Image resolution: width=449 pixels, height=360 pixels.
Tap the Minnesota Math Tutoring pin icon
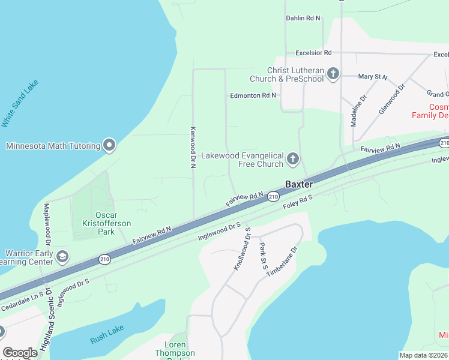pyautogui.click(x=109, y=145)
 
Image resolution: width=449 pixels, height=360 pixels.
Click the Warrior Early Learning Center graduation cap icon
pyautogui.click(x=62, y=257)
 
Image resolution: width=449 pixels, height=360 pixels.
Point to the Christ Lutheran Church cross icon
pyautogui.click(x=333, y=74)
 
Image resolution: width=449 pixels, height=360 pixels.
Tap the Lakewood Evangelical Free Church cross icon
pyautogui.click(x=292, y=159)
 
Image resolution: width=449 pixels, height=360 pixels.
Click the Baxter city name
pyautogui.click(x=299, y=184)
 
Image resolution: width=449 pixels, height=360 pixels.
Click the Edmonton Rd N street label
pyautogui.click(x=253, y=95)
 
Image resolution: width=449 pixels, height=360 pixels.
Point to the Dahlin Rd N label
pyautogui.click(x=303, y=19)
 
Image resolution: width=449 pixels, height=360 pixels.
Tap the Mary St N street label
pyautogui.click(x=372, y=77)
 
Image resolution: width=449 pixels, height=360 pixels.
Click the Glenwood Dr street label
pyautogui.click(x=392, y=99)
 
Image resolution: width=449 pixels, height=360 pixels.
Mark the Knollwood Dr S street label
pyautogui.click(x=242, y=248)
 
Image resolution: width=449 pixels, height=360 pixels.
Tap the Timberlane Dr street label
pyautogui.click(x=282, y=261)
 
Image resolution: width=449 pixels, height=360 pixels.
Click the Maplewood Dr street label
pyautogui.click(x=47, y=220)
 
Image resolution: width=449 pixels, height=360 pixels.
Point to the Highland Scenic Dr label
pyautogui.click(x=48, y=321)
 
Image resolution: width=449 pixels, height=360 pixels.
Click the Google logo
pyautogui.click(x=20, y=353)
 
